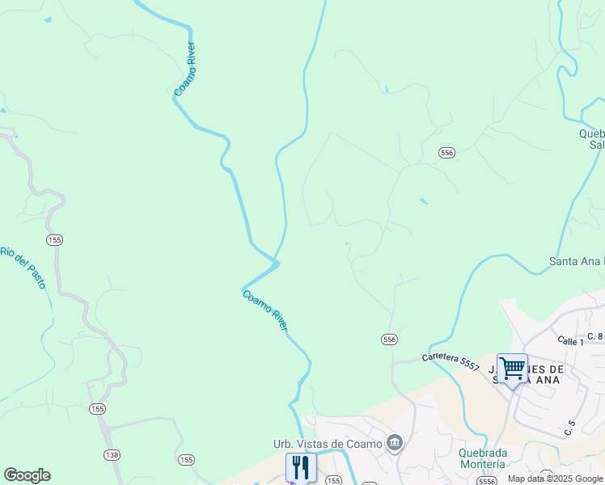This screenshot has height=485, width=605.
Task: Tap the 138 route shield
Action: [112, 456]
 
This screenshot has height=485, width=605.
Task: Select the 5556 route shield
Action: [486, 481]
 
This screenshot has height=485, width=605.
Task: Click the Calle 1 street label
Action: [571, 342]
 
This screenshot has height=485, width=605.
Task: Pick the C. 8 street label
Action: [595, 335]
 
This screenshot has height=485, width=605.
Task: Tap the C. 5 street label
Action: [569, 427]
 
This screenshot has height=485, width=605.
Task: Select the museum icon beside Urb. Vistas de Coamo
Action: [395, 442]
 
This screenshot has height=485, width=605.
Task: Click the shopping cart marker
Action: [512, 369]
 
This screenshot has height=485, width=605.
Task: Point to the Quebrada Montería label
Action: [482, 458]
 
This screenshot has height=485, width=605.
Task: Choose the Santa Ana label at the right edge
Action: [576, 261]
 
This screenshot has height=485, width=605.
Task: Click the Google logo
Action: [27, 475]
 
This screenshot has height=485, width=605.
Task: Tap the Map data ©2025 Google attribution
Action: [555, 479]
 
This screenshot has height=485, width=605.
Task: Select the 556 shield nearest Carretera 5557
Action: [390, 339]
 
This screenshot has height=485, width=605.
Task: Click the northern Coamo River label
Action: [186, 70]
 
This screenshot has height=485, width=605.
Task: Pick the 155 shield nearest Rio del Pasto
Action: [55, 240]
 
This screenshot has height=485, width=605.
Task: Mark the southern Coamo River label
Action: [265, 310]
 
